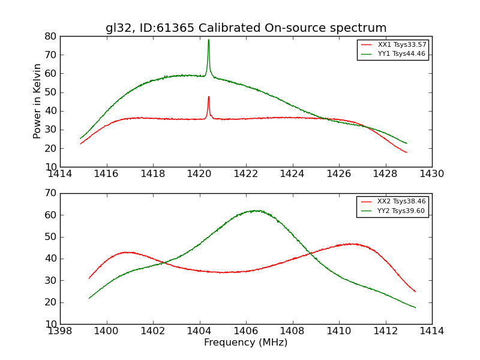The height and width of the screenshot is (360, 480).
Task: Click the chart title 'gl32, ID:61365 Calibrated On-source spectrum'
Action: [246, 28]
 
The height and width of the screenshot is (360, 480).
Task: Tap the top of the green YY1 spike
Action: [209, 40]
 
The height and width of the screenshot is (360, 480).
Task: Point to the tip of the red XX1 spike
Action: [209, 97]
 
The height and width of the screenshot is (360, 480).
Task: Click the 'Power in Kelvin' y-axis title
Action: [37, 101]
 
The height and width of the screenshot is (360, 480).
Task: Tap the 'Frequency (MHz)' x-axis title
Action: [246, 343]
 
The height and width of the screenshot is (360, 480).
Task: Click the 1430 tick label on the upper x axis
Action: [431, 174]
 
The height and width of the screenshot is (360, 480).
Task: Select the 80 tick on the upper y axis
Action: [50, 36]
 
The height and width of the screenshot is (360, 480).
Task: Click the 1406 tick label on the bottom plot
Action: [246, 331]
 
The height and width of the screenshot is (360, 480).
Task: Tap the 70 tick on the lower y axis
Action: [50, 193]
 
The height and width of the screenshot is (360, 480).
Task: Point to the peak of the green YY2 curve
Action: [256, 211]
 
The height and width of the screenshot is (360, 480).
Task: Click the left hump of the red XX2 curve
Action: [127, 252]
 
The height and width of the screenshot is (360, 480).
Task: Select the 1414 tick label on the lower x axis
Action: [431, 331]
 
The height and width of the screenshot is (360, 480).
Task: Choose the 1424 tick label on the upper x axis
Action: [292, 174]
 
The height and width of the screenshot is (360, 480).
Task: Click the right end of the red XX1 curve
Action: [406, 152]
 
